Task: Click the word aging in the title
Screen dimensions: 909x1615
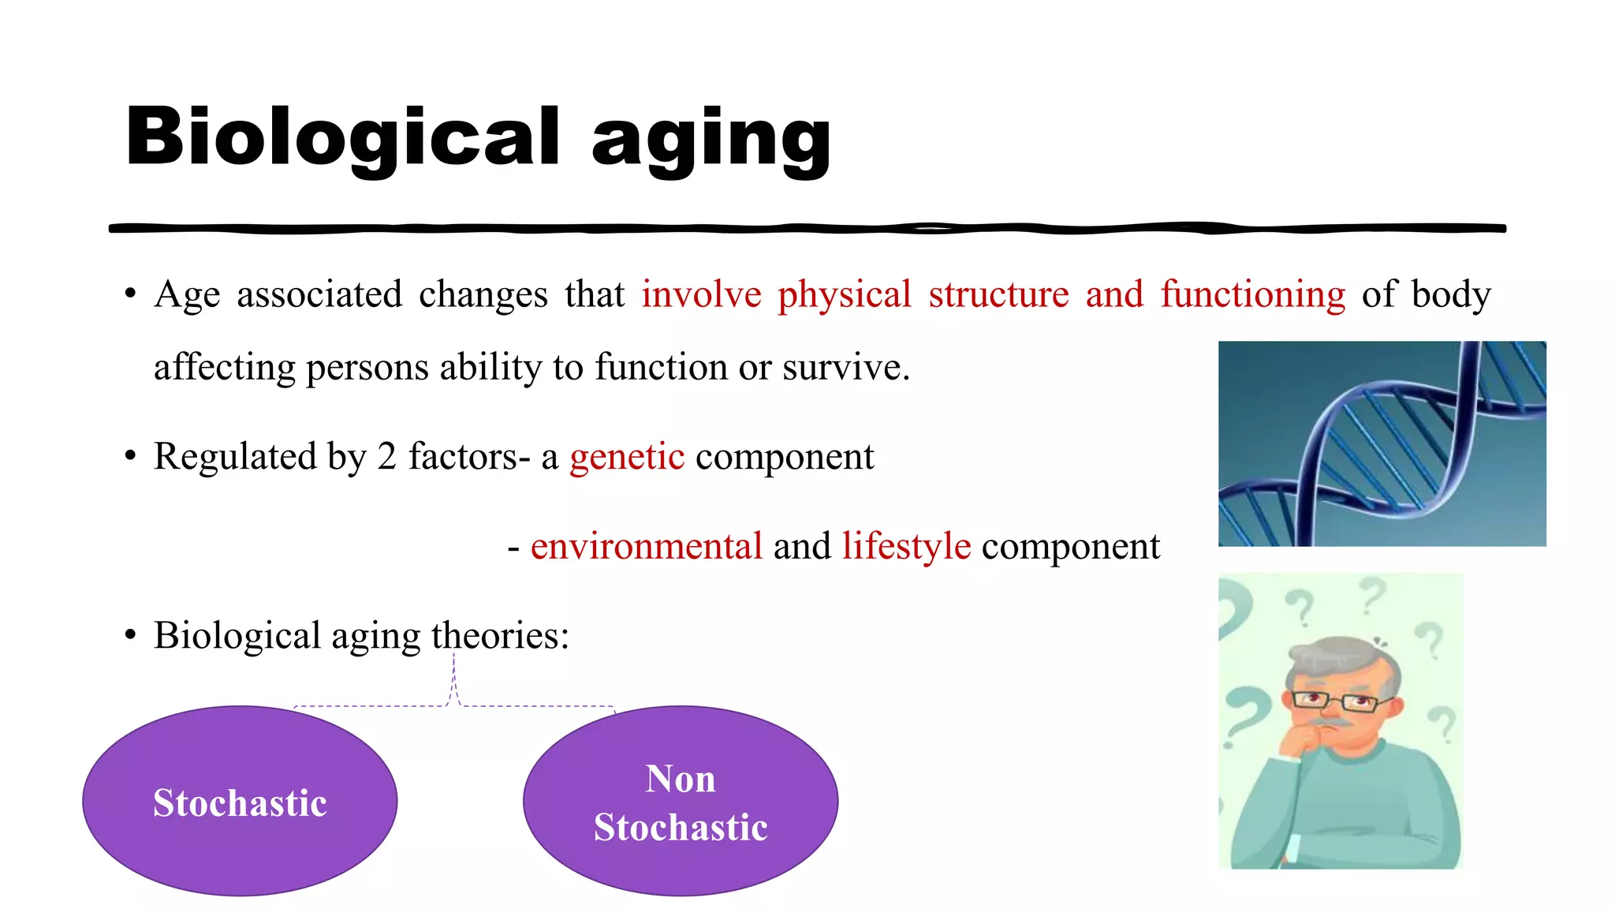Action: click(711, 140)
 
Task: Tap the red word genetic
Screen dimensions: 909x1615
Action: click(627, 457)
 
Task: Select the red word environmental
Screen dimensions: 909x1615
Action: click(646, 547)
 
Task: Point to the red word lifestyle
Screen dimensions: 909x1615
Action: click(906, 547)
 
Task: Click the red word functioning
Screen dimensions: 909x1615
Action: click(1252, 295)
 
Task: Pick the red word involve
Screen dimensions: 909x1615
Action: click(701, 295)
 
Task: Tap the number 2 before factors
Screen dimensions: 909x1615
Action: click(386, 457)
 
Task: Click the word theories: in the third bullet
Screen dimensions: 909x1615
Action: click(500, 636)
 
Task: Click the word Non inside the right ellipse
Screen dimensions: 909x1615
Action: click(680, 780)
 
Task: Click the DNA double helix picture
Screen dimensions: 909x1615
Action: click(1382, 443)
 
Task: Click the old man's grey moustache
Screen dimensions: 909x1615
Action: click(1332, 721)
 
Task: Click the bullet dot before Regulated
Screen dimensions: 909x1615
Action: click(130, 457)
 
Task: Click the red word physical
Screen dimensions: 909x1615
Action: click(844, 295)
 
